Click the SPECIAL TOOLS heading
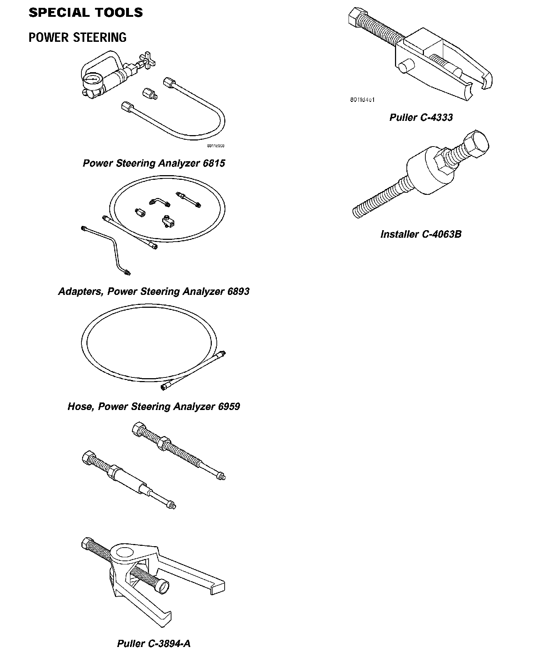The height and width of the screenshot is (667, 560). [86, 13]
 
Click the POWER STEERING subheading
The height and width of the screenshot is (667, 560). [77, 38]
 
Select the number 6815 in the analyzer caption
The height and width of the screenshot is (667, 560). [214, 163]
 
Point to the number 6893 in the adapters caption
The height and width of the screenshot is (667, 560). [238, 292]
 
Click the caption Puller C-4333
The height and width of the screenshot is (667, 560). [421, 118]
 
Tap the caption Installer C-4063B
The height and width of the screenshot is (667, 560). [421, 234]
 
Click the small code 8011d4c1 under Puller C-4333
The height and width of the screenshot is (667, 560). [362, 100]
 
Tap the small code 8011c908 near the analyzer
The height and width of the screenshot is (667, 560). [215, 146]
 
